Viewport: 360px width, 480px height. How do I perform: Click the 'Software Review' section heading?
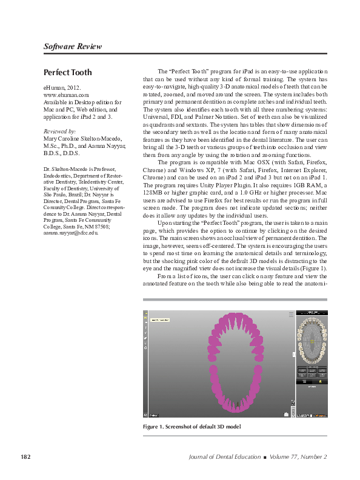coord(73,47)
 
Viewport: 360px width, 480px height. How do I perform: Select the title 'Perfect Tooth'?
coord(68,73)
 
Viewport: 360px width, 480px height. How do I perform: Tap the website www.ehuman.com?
coord(66,95)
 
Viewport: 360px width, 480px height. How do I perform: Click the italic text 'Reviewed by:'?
coord(60,131)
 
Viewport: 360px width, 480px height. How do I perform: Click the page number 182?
coord(25,456)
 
